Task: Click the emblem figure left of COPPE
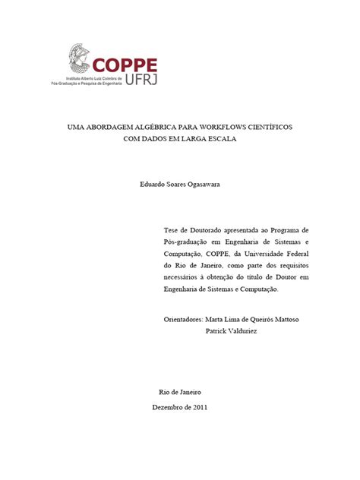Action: click(79, 57)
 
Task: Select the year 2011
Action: click(200, 407)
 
